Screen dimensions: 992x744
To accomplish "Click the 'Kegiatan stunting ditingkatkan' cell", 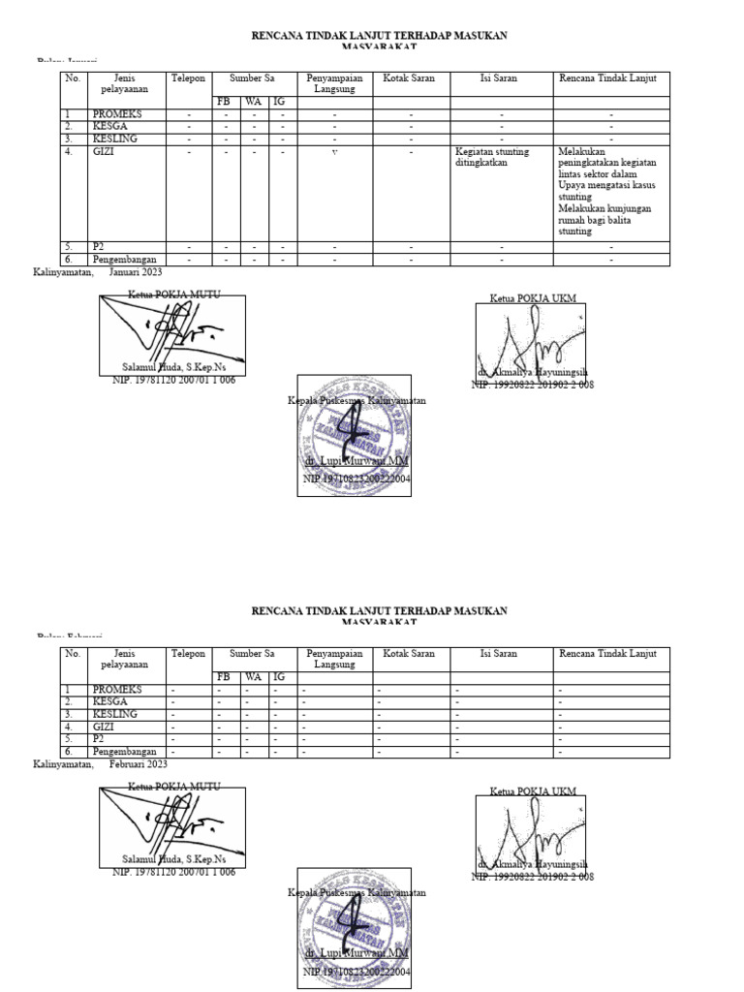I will click(493, 157).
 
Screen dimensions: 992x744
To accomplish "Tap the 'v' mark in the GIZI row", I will click(334, 152).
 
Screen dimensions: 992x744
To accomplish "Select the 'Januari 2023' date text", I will click(136, 272).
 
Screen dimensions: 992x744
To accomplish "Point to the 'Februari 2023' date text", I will click(137, 764).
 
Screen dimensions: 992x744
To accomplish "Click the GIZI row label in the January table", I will click(103, 152).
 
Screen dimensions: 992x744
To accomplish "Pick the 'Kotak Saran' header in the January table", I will click(410, 78).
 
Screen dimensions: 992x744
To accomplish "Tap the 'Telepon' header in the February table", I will click(188, 654).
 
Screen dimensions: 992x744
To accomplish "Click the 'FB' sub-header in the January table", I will click(224, 102).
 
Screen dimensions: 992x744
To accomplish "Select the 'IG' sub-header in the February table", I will click(279, 677).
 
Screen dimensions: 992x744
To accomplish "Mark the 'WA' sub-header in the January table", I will click(253, 102).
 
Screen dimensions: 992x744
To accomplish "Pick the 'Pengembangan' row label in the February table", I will click(124, 752).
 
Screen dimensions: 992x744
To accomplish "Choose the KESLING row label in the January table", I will click(114, 139).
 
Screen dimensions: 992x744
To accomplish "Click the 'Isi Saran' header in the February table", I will click(499, 654).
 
